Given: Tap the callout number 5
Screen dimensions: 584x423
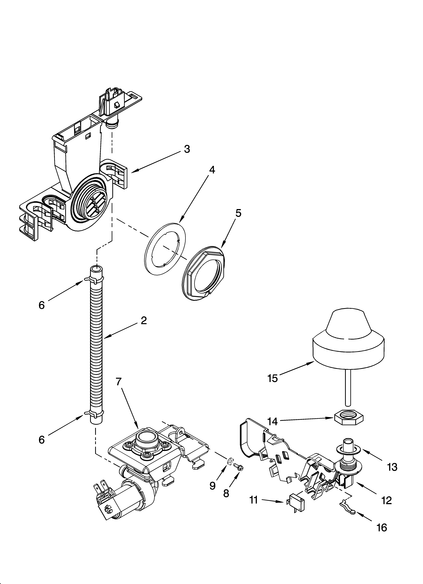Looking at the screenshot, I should [x=238, y=213].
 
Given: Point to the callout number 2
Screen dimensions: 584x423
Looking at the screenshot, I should [x=144, y=321].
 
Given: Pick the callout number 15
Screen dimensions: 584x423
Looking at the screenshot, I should [x=273, y=378].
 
